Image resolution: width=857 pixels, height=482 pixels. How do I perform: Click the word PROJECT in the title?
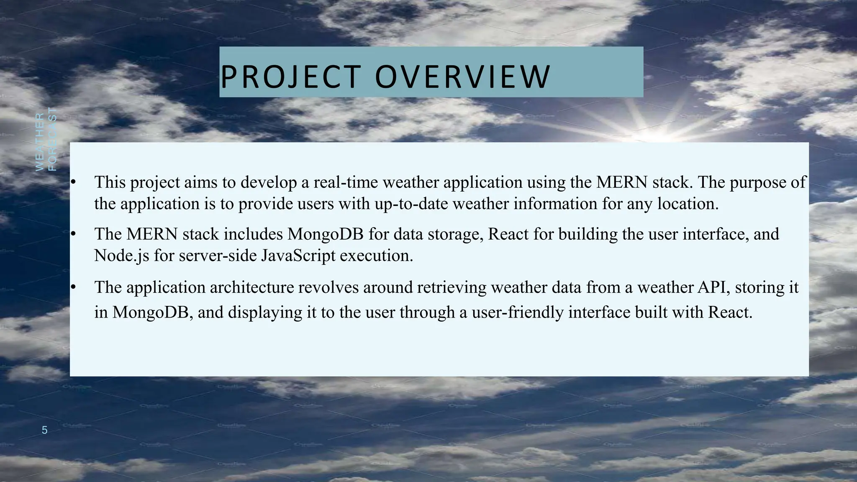290,77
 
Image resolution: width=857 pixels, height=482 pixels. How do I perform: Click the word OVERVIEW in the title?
462,77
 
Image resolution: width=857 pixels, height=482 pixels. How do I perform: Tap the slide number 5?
45,430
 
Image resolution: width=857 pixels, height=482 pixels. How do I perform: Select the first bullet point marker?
72,182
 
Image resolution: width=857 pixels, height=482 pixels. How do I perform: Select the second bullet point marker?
72,234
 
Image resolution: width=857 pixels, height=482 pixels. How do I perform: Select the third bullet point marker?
72,287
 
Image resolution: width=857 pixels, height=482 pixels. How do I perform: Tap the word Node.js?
121,256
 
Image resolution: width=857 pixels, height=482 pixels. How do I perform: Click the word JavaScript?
298,256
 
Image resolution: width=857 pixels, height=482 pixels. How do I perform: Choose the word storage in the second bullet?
455,234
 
